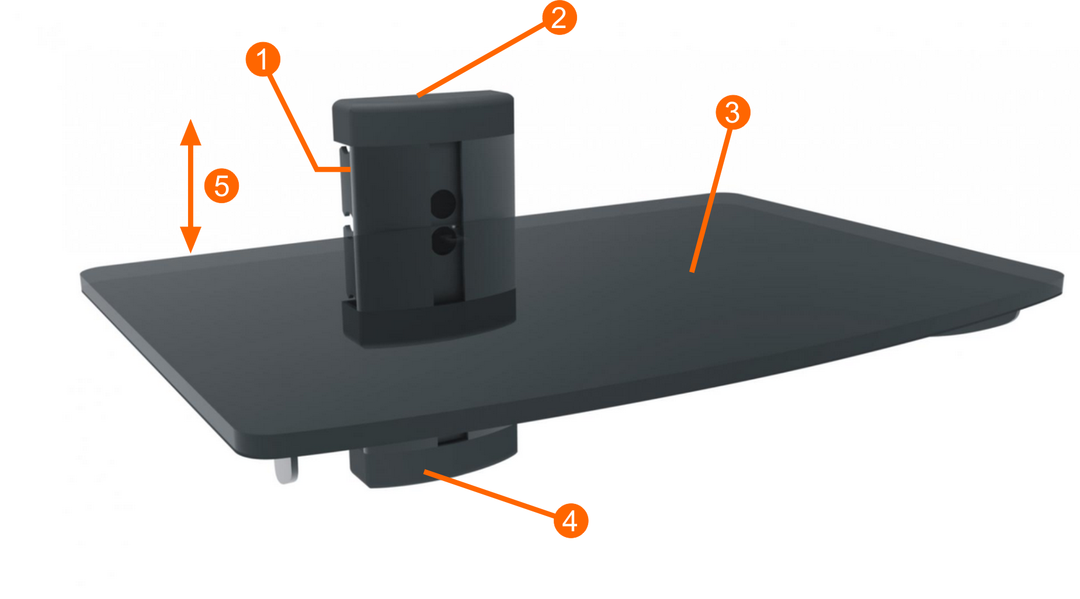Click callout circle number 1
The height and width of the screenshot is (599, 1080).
(x=263, y=59)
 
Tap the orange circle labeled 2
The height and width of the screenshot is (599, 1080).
(x=559, y=18)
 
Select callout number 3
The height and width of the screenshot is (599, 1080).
(x=733, y=112)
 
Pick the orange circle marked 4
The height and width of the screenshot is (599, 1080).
(x=571, y=520)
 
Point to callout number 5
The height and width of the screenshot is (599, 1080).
(x=222, y=186)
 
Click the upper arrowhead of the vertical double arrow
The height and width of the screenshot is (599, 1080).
(x=190, y=133)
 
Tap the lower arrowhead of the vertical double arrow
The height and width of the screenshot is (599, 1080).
(x=190, y=239)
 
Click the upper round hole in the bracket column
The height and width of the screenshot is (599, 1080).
(x=443, y=203)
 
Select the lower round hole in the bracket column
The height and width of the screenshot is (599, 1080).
(x=443, y=240)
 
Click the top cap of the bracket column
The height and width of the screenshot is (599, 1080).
(x=423, y=117)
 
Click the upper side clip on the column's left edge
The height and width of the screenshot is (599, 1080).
(x=346, y=181)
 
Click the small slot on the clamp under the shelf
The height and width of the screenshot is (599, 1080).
(x=453, y=438)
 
